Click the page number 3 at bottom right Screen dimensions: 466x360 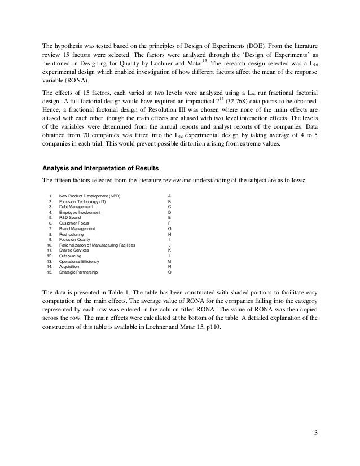[x=316, y=433]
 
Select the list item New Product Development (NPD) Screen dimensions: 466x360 [x=90, y=196]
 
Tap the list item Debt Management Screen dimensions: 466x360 [x=76, y=206]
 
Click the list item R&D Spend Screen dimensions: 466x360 [x=72, y=217]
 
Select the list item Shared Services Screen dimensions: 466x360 [x=75, y=250]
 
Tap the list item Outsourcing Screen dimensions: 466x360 [x=72, y=256]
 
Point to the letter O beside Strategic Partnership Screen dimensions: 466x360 [x=170, y=272]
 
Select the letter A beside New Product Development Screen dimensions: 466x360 [x=170, y=196]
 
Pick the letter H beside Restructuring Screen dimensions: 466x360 [x=170, y=234]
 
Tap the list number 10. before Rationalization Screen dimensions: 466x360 [x=50, y=245]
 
